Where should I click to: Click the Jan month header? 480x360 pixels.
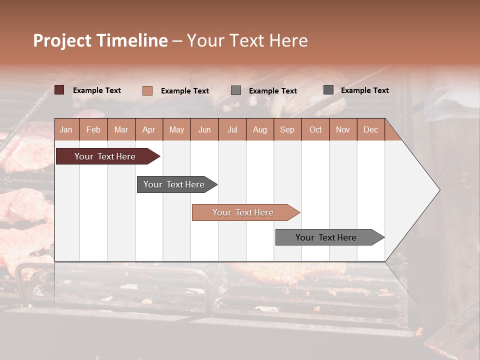click(66, 129)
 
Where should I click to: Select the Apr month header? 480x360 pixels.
click(149, 129)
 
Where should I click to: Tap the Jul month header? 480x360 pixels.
click(232, 129)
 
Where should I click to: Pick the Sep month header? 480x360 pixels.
click(287, 129)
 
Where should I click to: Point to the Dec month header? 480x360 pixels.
click(370, 129)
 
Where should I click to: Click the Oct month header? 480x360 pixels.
click(315, 129)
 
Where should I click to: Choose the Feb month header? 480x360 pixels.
click(93, 129)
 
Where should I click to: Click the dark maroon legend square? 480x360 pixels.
click(59, 90)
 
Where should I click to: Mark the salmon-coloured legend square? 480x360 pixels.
click(147, 90)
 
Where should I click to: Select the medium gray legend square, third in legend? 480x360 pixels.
click(236, 90)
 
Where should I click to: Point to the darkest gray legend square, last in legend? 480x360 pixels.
click(328, 90)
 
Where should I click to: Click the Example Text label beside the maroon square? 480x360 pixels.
click(97, 90)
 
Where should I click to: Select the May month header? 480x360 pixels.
click(176, 129)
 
